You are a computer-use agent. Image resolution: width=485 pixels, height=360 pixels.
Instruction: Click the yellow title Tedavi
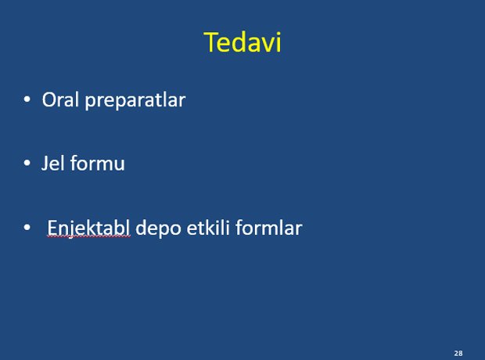point(242,42)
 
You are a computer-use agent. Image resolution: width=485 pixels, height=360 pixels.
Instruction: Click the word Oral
point(60,99)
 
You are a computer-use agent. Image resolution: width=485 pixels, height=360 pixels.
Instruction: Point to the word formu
point(98,163)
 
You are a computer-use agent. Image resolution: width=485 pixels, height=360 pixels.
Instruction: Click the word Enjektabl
point(88,229)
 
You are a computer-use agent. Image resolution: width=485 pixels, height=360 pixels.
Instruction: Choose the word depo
point(158,229)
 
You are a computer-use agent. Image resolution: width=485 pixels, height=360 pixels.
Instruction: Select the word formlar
point(269,228)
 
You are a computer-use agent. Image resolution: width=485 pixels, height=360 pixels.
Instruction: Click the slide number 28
point(458,353)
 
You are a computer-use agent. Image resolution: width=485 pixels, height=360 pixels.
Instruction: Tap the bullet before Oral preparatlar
point(27,99)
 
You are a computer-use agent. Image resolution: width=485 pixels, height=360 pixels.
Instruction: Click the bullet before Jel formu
point(27,163)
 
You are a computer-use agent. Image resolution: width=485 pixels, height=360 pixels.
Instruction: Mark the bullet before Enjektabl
point(27,228)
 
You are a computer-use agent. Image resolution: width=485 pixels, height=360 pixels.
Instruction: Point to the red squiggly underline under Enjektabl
point(88,236)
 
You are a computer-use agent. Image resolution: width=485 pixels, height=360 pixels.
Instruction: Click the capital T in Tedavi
point(211,42)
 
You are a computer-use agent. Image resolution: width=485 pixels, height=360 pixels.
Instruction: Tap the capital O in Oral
point(49,99)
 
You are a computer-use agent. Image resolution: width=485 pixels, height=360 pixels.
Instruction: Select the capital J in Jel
point(45,163)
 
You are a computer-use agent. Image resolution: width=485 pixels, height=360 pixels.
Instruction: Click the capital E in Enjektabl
point(52,228)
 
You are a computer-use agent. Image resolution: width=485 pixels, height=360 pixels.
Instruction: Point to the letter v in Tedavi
point(267,45)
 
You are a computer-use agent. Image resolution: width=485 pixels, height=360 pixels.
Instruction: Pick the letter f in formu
point(74,163)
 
